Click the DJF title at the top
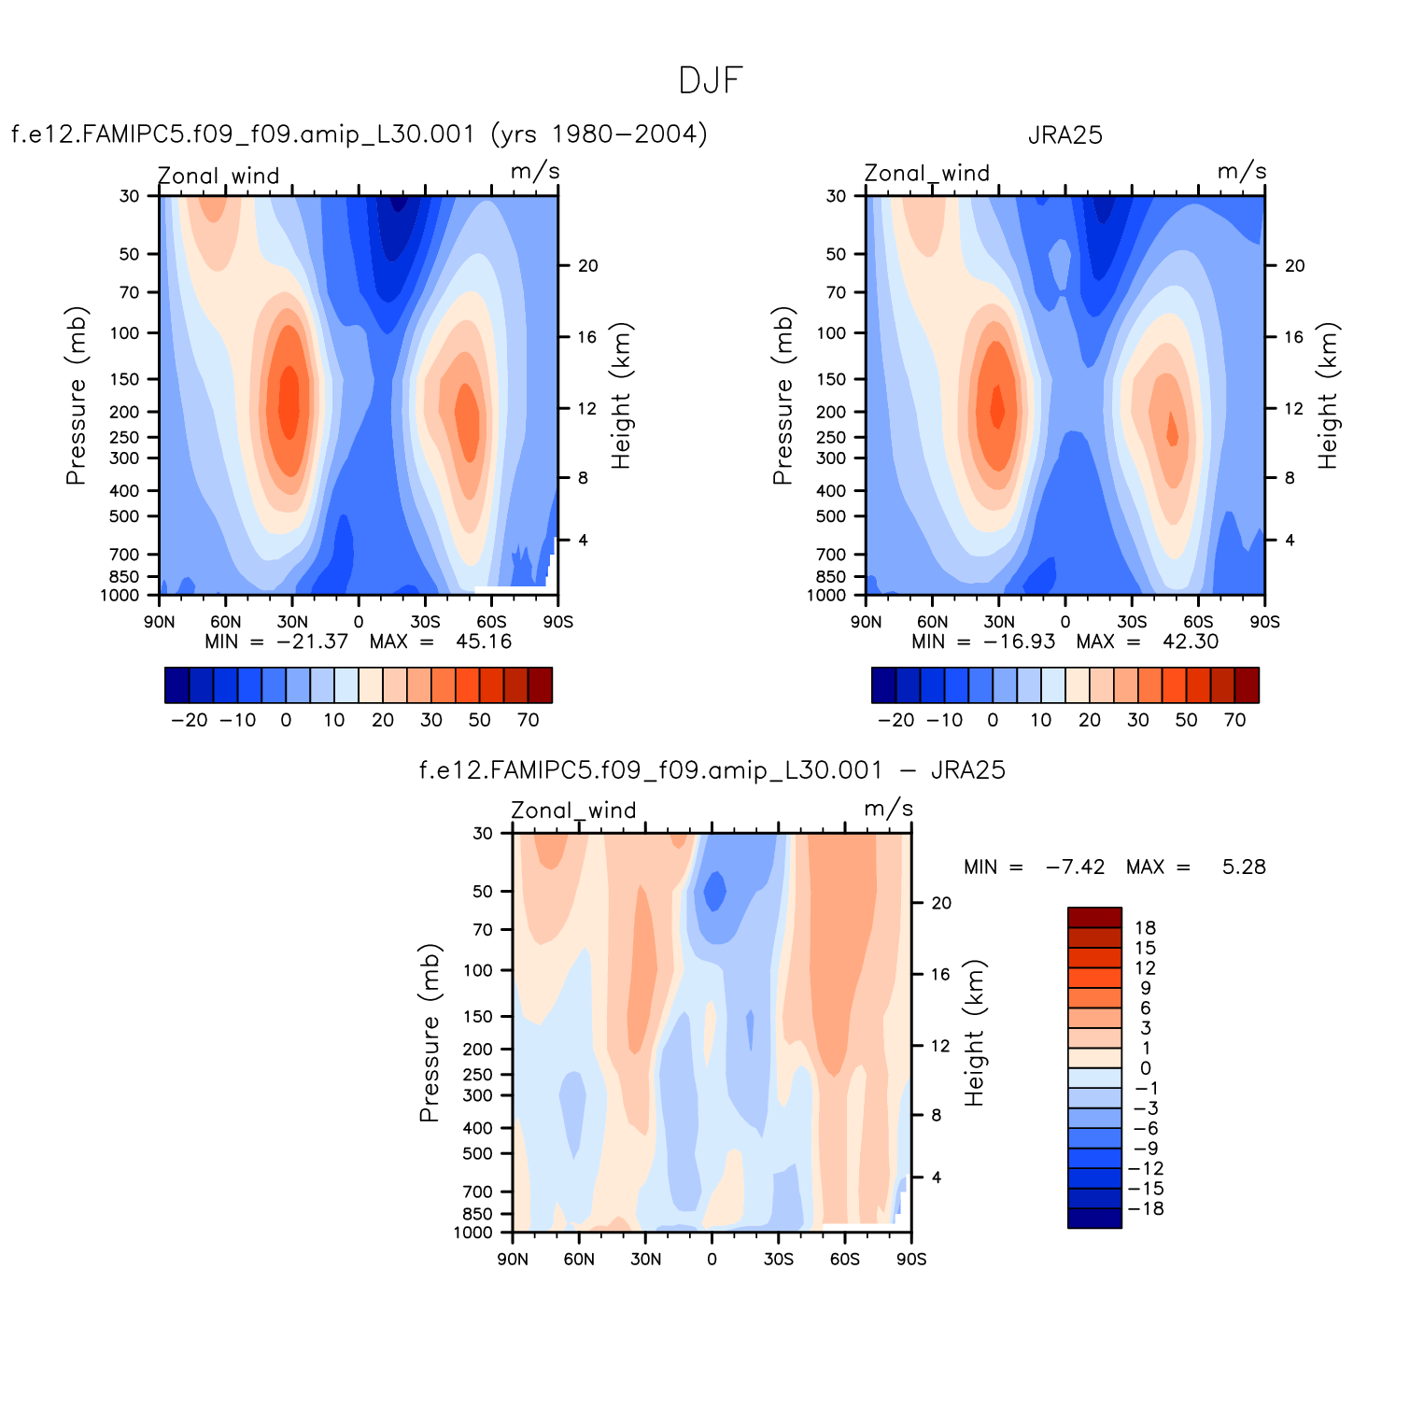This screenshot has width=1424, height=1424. coord(711,81)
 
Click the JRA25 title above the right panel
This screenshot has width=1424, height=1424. coord(1065,135)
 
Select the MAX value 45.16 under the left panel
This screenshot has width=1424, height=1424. coord(484,642)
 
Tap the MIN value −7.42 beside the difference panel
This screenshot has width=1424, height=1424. coord(1075,867)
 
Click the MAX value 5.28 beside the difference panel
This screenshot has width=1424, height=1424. coord(1244,867)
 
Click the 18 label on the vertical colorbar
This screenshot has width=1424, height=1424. coord(1146,928)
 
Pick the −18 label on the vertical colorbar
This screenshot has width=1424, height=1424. coord(1146,1208)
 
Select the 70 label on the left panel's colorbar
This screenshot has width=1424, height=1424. coord(528,720)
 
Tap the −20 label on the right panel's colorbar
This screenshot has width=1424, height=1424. coord(896,720)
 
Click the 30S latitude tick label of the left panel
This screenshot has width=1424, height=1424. coord(426,622)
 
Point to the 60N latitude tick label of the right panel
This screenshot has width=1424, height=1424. coord(932,622)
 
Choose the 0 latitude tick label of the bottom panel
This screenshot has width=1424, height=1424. coord(712,1259)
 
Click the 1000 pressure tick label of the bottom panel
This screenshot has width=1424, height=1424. coord(472,1233)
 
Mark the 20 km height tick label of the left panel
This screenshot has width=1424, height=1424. coord(587,266)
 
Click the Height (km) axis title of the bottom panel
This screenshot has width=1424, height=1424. coord(975,1033)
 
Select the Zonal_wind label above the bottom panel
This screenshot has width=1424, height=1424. coord(573,811)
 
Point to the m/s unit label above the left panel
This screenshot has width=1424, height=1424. coord(535,172)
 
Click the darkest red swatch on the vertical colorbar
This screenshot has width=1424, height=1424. coord(1094,917)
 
